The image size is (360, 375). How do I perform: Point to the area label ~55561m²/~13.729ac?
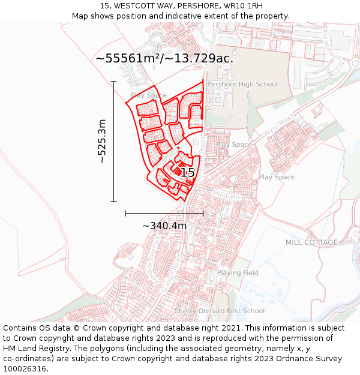[164, 58]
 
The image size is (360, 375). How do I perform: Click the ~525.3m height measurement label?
[102, 141]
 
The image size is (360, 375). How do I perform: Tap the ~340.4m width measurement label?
[164, 226]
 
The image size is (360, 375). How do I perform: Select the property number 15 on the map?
[187, 173]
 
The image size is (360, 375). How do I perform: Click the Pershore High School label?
[242, 85]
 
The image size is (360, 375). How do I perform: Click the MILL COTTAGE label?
[311, 242]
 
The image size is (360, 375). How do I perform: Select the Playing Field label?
[238, 273]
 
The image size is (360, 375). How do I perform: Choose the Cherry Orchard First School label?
[219, 311]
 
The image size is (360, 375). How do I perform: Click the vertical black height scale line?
[113, 141]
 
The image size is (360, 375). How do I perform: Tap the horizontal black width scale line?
[164, 213]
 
